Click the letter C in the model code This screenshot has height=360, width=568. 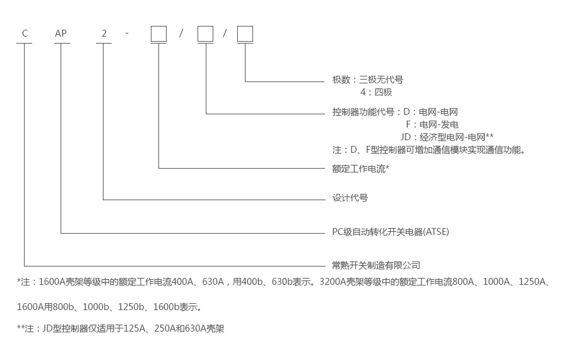click(25, 33)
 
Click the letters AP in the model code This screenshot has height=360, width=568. click(61, 33)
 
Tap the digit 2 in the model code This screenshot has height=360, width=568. click(104, 33)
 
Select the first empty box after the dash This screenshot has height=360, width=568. click(158, 33)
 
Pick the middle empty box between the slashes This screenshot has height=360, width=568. click(206, 33)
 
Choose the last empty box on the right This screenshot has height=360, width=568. click(245, 33)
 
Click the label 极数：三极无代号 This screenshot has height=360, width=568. click(367, 80)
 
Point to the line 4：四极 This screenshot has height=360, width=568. click(376, 92)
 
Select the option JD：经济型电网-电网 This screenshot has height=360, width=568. click(447, 137)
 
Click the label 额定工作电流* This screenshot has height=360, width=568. click(360, 169)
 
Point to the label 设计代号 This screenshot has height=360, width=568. click(350, 198)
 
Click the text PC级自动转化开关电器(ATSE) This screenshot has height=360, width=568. click(391, 232)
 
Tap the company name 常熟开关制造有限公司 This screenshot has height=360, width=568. click(376, 265)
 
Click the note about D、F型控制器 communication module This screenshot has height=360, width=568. click(429, 150)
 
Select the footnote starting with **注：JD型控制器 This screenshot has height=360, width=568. click(121, 328)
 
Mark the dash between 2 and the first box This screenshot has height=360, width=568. click(127, 33)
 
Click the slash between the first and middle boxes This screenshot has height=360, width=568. click(181, 33)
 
